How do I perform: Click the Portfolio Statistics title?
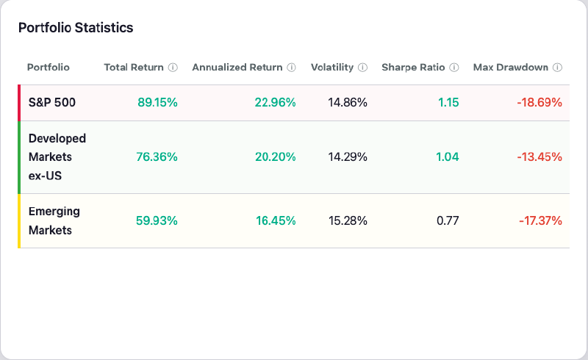[x=75, y=28]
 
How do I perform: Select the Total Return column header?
[x=134, y=67]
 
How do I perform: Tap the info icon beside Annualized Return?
[x=291, y=68]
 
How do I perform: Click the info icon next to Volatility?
[x=362, y=68]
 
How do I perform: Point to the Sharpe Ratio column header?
[x=413, y=67]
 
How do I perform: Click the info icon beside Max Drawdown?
[x=557, y=68]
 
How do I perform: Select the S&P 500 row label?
[x=52, y=103]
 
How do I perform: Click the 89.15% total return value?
[x=157, y=103]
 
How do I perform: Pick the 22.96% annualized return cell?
[x=275, y=103]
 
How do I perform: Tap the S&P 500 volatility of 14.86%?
[x=348, y=103]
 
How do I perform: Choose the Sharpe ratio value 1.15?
[x=448, y=103]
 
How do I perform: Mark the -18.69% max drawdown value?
[x=539, y=103]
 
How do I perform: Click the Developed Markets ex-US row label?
[x=57, y=156]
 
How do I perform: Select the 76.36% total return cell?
[x=157, y=156]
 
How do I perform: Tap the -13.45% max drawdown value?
[x=539, y=156]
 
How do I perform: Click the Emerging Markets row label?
[x=54, y=220]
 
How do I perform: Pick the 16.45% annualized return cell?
[x=275, y=220]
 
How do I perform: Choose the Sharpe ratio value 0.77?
[x=448, y=220]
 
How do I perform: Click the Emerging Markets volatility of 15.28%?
[x=348, y=220]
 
